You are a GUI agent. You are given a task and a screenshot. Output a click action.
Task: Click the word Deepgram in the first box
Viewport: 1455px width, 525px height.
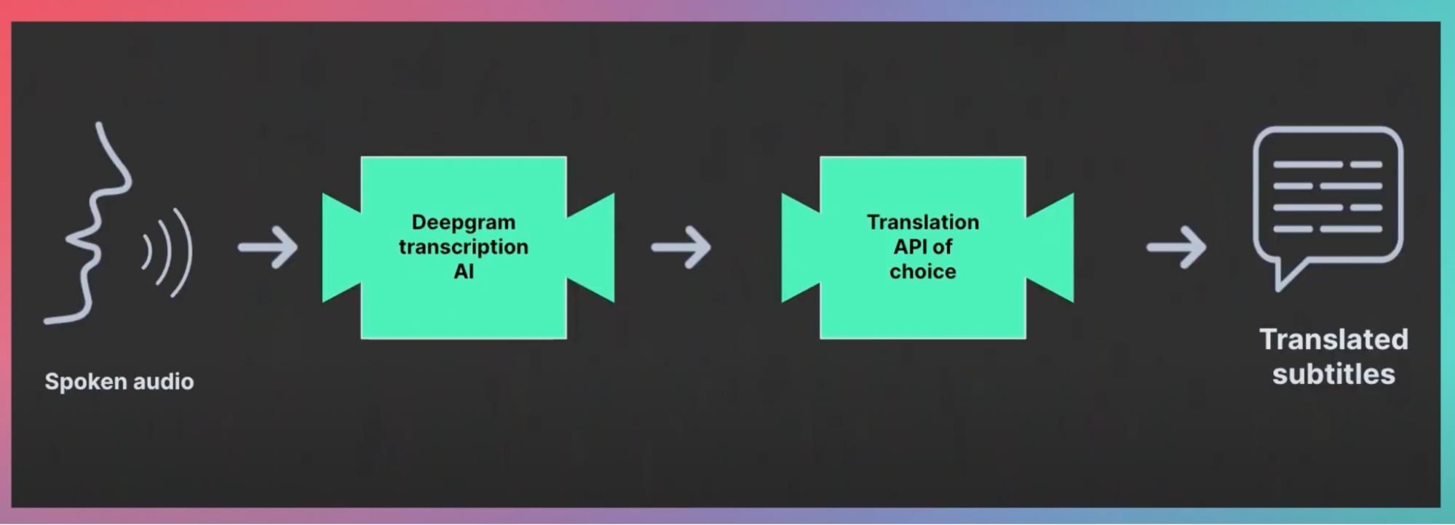click(464, 223)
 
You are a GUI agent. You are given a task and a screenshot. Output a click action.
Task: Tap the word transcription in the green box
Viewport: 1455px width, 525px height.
click(464, 247)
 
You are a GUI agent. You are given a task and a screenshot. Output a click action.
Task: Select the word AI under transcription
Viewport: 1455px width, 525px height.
click(464, 271)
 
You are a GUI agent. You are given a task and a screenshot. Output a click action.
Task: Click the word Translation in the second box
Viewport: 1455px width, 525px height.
click(923, 222)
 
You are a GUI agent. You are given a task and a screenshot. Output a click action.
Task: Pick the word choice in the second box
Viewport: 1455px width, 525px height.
click(923, 271)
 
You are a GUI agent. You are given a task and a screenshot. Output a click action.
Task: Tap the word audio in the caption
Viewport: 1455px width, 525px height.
click(165, 382)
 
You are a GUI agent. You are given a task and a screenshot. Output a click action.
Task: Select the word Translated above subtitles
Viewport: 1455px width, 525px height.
click(1333, 340)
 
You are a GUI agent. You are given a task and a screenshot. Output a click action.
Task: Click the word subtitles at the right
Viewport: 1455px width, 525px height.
click(1333, 374)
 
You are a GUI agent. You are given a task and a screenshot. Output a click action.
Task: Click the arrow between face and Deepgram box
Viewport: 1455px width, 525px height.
click(268, 247)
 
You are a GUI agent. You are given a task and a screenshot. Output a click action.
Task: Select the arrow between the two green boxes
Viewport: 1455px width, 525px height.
click(681, 247)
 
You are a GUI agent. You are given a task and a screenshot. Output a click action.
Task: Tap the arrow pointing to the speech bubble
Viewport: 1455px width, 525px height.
click(1176, 247)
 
